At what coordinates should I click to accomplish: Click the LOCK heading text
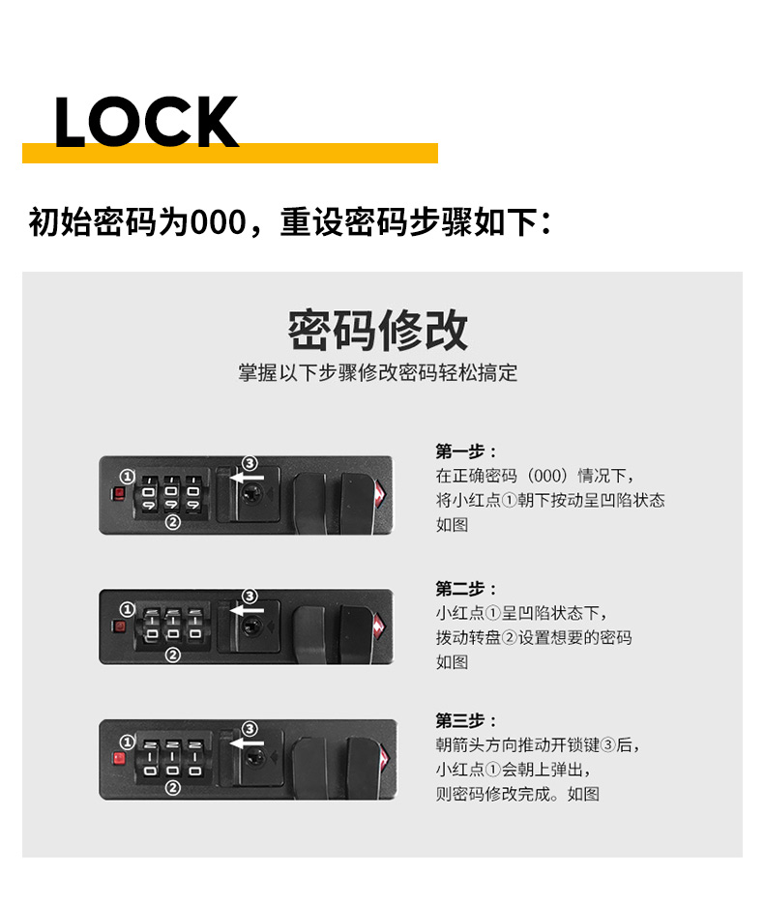pos(146,122)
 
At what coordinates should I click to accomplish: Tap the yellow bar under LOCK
pos(230,153)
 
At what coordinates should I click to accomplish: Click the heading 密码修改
pos(377,330)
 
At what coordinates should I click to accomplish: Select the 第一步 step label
pos(465,451)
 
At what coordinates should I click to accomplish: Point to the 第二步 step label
pos(465,589)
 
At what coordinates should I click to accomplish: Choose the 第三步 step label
pos(465,720)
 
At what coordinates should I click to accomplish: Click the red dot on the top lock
pos(119,493)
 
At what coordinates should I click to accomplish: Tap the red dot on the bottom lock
pos(119,757)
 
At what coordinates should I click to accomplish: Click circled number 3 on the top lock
pos(250,463)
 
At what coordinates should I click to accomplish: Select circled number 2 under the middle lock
pos(173,655)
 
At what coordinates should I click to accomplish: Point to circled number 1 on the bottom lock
pos(127,742)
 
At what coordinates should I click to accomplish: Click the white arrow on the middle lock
pos(247,610)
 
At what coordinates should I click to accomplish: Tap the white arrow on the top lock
pos(247,478)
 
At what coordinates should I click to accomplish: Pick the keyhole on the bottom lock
pos(254,756)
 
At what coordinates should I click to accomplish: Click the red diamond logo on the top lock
pos(381,495)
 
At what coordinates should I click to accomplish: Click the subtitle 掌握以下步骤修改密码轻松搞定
pos(378,372)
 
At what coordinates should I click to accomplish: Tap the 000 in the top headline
pos(219,222)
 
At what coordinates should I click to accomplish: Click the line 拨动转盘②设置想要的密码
pos(534,637)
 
